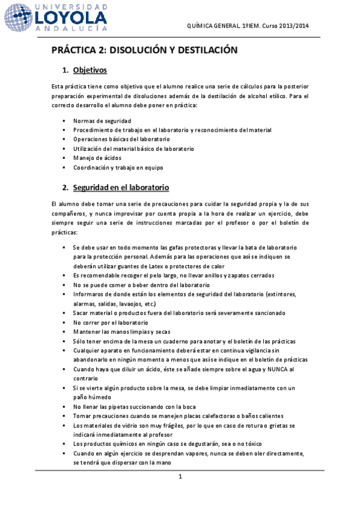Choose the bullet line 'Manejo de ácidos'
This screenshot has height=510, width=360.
(98, 158)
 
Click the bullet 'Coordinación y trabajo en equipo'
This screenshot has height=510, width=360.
(118, 167)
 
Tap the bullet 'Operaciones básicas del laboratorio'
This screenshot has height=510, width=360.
(121, 139)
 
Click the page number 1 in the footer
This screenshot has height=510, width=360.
(180, 477)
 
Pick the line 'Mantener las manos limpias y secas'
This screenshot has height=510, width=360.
(122, 331)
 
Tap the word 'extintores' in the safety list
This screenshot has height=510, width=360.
(278, 294)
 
